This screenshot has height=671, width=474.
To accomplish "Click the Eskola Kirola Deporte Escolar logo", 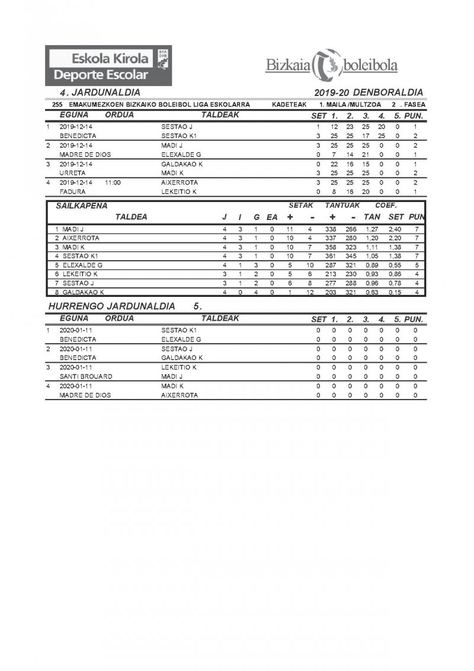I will coord(108,66).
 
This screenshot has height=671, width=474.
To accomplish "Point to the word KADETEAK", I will coord(289,104).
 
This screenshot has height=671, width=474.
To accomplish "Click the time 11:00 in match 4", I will coord(113,183).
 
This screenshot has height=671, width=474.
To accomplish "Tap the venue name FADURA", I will coord(72,191).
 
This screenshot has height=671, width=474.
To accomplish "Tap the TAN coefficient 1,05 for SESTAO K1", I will coord(371,255).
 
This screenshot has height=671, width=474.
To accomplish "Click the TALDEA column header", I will coord(131,217).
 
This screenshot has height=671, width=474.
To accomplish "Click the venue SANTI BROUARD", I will coord(86,376).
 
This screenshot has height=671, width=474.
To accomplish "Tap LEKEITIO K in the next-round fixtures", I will coord(178,367).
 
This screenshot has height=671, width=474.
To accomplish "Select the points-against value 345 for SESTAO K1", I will coord(352,255).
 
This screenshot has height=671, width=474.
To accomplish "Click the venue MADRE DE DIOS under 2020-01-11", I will coord(85,395).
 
